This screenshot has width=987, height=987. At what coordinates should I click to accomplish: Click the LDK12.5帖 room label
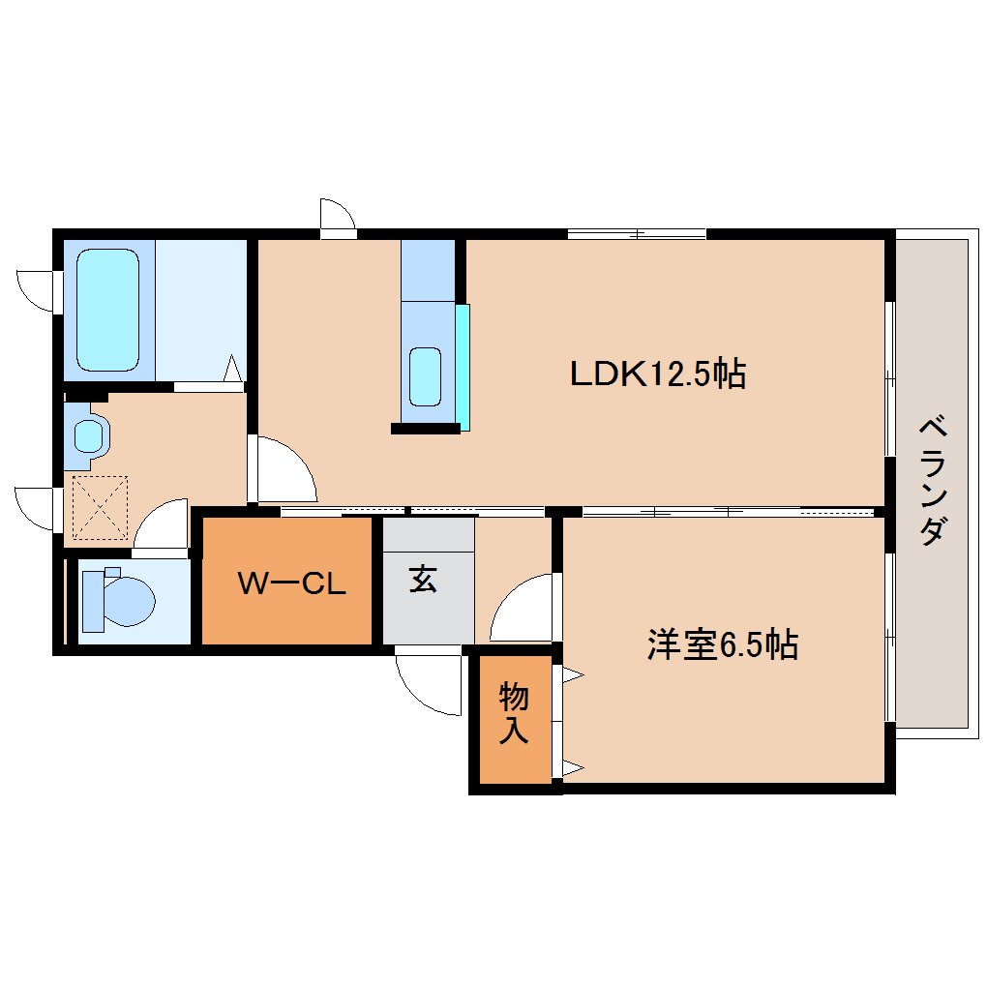coord(657,374)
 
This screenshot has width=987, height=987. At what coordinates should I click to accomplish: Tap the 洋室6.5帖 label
coord(722,644)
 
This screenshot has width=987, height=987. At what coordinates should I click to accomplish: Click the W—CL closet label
coord(291,583)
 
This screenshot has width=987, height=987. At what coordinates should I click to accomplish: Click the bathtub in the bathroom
coord(107,310)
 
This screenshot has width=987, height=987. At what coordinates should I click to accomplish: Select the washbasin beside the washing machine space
coord(88,436)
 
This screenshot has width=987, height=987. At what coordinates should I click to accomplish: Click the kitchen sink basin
coord(426,375)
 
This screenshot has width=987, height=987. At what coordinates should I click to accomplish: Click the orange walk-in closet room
coord(287,619)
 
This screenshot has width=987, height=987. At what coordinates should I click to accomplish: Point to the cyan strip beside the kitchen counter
coord(464,367)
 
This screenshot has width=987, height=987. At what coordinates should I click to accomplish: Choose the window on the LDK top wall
coord(636,233)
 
